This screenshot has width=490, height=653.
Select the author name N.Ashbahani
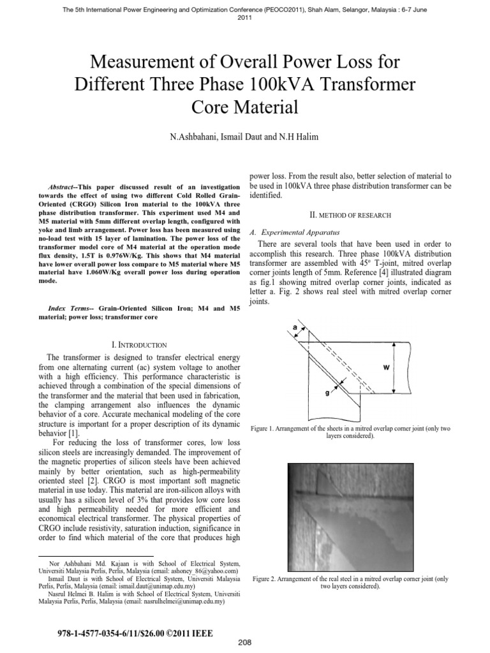(197, 138)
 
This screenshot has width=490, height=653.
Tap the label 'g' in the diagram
(327, 393)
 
